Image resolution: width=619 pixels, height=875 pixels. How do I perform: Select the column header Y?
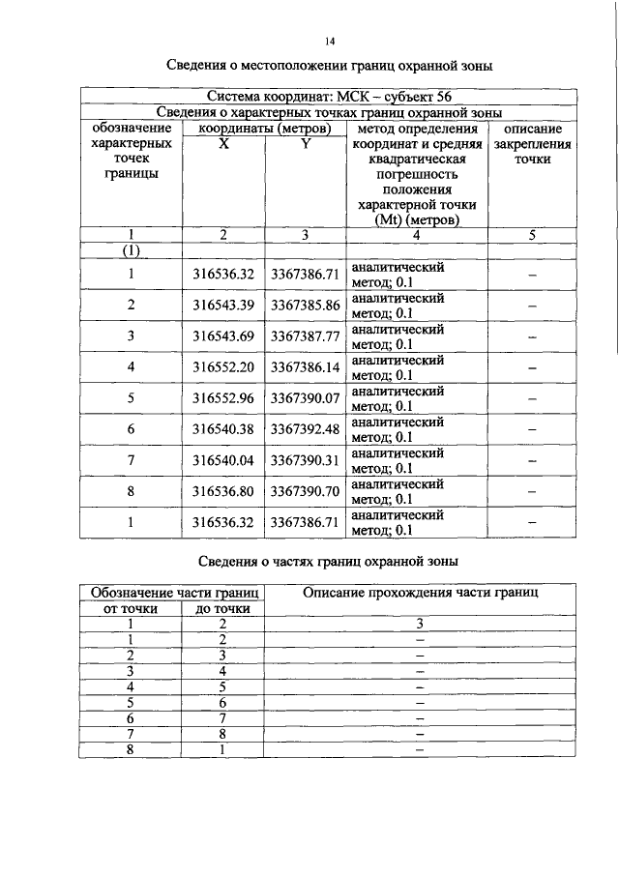[x=305, y=144]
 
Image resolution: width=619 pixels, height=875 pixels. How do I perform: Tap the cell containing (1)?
[x=132, y=251]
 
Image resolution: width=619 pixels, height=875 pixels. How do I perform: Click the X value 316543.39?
[x=222, y=306]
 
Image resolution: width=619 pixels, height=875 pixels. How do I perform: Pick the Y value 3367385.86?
[x=305, y=306]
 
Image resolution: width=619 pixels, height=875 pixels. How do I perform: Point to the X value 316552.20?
[x=222, y=367]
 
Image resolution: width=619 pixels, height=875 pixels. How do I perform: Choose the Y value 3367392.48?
[x=305, y=429]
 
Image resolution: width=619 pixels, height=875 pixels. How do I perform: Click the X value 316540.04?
[x=222, y=460]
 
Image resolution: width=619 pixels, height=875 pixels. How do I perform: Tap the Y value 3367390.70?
[x=305, y=491]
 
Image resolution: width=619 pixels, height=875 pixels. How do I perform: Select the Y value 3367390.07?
[x=305, y=398]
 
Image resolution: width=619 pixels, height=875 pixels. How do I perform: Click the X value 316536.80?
[x=222, y=491]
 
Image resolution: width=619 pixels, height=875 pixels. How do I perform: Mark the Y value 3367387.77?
[x=305, y=336]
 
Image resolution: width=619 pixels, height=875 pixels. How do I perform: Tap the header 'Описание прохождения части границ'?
[x=421, y=592]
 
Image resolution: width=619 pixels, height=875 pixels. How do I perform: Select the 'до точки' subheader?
[x=222, y=609]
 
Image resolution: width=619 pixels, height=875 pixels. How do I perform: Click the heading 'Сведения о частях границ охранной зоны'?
[x=326, y=560]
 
